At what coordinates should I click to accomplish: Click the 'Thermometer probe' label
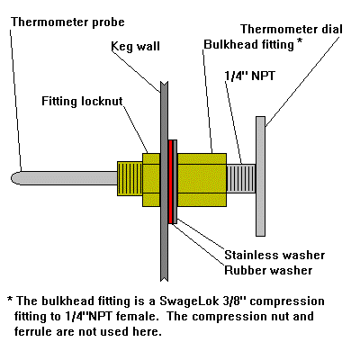click(68, 20)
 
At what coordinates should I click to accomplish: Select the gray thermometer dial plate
click(260, 175)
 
